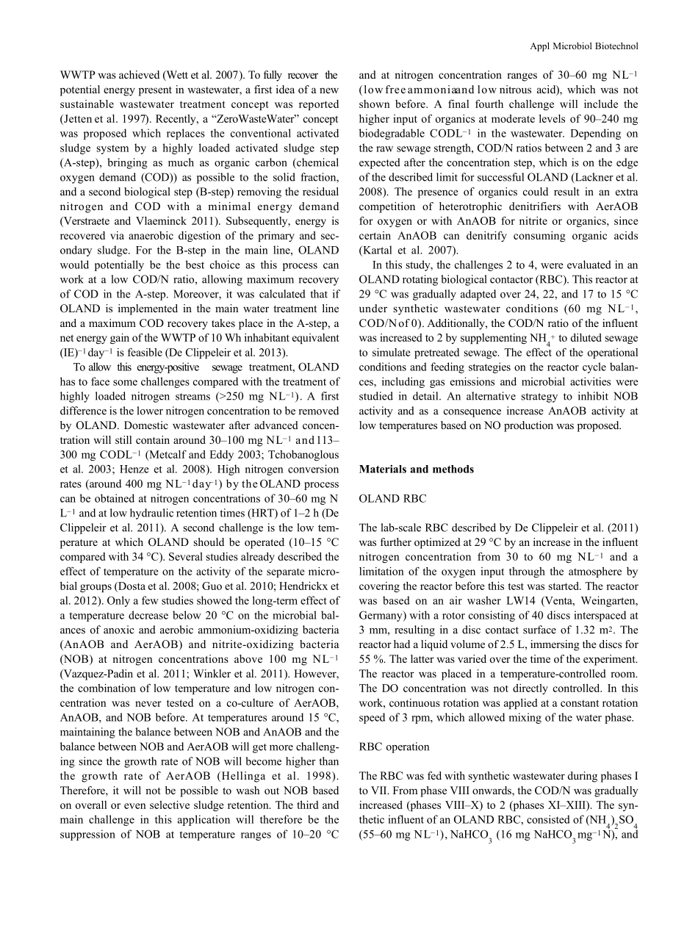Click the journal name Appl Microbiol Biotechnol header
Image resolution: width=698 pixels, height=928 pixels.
pyautogui.click(x=584, y=46)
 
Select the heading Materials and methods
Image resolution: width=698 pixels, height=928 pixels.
pyautogui.click(x=416, y=470)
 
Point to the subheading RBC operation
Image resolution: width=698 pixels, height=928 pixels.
pyautogui.click(x=394, y=747)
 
